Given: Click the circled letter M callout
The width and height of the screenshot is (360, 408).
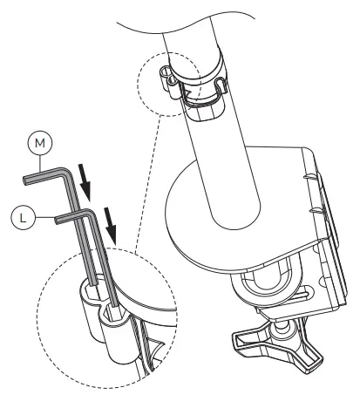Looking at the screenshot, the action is coord(40,143).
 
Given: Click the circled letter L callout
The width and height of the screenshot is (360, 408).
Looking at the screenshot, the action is coord(23,217).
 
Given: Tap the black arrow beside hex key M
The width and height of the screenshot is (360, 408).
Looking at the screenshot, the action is coord(85,182).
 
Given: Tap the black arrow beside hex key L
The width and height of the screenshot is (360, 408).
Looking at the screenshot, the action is coord(111,226).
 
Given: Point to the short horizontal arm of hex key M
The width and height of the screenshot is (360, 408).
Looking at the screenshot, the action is coord(44,176).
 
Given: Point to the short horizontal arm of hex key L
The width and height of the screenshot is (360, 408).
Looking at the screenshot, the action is coord(72,216).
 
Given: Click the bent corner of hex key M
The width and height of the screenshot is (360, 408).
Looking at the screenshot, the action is coord(65,173).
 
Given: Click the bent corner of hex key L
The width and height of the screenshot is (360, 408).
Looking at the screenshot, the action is coord(89,213).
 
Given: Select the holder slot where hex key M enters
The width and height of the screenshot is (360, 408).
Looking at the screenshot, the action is coord(92,289).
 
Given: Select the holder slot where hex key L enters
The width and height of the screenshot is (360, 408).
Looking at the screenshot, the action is coord(114,311).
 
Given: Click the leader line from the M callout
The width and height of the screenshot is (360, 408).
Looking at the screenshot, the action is coord(40,163).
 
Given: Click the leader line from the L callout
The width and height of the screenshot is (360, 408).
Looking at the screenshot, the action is coord(45,217).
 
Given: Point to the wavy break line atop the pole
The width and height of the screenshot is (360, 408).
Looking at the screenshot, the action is coord(186,27).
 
